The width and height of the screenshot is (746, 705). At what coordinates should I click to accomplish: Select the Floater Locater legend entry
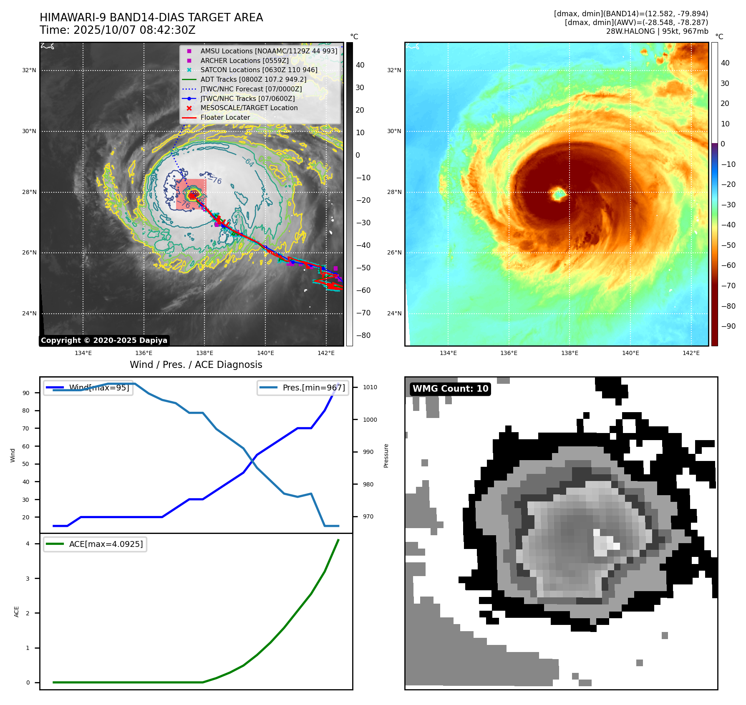225,117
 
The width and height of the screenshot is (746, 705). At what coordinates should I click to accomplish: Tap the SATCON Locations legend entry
259,70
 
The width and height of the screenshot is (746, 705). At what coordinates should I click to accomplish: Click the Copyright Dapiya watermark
104,340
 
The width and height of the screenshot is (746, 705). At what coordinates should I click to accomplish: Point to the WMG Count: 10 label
450,389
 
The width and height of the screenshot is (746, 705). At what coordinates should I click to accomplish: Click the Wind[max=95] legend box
88,388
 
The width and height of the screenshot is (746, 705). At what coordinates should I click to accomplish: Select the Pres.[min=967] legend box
303,388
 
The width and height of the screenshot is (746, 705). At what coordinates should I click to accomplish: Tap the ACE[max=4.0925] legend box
95,544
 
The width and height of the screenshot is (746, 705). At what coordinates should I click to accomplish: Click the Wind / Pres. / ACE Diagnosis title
196,365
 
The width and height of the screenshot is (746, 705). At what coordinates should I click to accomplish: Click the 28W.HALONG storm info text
657,31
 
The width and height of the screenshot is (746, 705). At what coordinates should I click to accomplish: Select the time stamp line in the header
118,30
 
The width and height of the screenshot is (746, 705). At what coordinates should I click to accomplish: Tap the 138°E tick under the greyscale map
205,353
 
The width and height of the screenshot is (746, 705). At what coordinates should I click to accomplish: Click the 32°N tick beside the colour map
394,70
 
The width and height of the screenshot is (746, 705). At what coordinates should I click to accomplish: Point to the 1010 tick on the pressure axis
370,387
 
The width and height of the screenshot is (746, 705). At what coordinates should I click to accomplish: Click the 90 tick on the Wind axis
26,393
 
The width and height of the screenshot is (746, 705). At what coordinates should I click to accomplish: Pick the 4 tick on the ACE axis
28,544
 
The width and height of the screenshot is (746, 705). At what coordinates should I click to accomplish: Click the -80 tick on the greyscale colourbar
363,335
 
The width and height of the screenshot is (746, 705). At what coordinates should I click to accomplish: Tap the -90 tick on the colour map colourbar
728,326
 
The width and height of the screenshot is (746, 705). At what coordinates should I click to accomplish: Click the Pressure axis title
386,456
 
